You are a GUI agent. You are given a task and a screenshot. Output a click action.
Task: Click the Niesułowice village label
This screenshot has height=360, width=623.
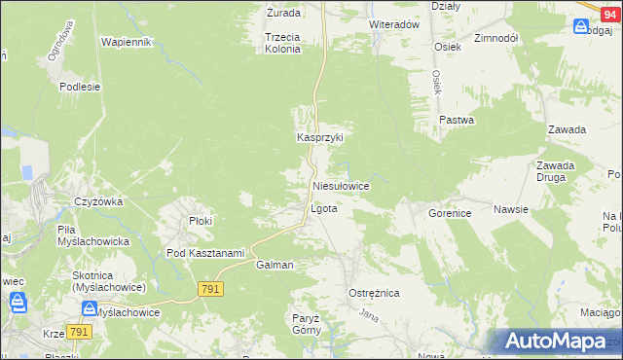[341, 185]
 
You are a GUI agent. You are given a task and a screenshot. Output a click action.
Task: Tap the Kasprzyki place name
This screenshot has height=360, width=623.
[321, 138]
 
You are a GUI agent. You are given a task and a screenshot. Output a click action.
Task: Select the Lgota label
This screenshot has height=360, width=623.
[323, 209]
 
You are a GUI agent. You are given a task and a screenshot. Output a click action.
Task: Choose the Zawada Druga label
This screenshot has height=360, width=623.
[555, 171]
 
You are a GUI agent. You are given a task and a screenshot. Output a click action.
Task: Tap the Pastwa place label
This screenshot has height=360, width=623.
[456, 121]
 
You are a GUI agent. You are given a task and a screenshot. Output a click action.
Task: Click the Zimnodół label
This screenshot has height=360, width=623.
[495, 38]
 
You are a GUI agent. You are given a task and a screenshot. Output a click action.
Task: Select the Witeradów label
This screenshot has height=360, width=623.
[393, 24]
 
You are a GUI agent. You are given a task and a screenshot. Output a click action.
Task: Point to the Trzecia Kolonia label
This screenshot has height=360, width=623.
[282, 43]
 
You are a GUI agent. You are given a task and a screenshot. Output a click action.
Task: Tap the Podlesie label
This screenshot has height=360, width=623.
[80, 86]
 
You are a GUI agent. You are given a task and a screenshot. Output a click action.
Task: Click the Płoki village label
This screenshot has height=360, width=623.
[201, 221]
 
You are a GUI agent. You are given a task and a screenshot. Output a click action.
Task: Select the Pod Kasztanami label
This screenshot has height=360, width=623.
[204, 253]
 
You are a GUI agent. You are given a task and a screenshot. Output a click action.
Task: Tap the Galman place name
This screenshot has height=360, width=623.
[275, 265]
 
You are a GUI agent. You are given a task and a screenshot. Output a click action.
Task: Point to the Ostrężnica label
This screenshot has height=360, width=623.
[374, 292]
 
